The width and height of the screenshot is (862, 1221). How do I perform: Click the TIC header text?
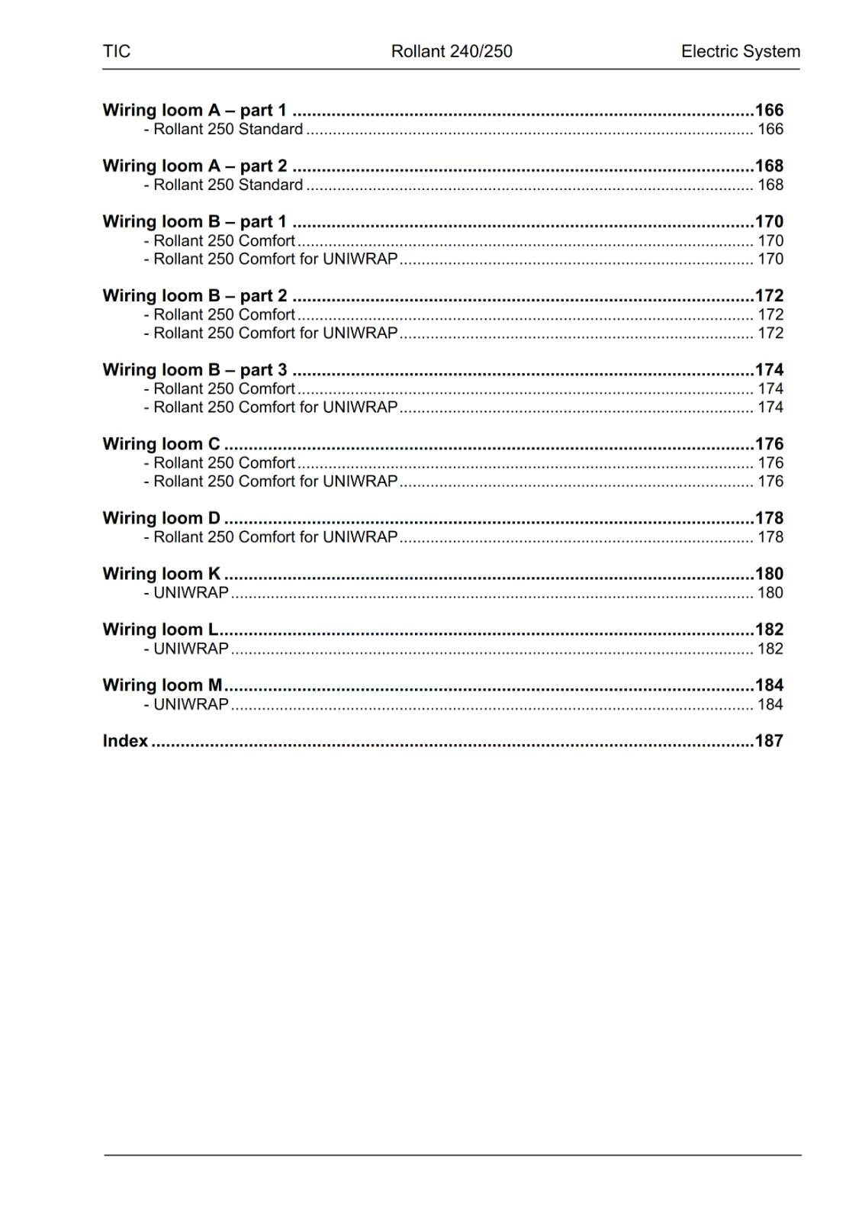tap(117, 51)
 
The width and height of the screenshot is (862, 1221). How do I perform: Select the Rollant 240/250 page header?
tap(452, 51)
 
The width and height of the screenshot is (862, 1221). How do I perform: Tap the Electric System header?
tap(740, 51)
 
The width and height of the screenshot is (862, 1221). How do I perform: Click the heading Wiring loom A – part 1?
tap(195, 110)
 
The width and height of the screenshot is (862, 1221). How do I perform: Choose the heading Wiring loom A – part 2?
tap(195, 166)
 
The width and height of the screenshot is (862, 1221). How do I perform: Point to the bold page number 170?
tap(769, 221)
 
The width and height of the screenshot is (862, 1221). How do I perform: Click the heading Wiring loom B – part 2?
tap(195, 295)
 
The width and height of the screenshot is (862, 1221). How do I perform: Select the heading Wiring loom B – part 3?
tap(195, 369)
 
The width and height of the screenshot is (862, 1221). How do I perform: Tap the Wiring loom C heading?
tap(161, 443)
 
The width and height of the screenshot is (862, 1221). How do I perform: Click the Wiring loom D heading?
tap(161, 517)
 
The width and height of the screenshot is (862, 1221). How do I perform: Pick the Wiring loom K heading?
tap(161, 573)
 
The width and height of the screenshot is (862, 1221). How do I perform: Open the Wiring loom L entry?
tap(160, 629)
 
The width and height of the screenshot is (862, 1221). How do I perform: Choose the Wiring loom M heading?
tap(162, 685)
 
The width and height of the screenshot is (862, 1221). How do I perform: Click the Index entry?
tap(125, 740)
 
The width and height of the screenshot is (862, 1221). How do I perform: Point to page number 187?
tap(769, 740)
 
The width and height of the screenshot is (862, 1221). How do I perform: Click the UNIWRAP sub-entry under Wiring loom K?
tap(191, 592)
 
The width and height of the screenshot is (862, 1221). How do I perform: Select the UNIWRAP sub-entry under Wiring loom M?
tap(191, 704)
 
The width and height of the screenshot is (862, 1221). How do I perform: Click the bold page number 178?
tap(769, 517)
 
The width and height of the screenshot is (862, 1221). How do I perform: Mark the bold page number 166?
tap(769, 110)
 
